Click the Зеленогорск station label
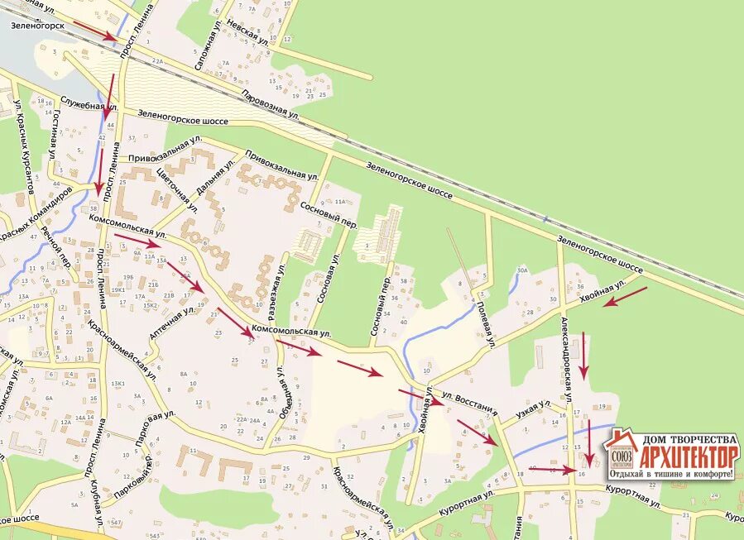click(38, 25)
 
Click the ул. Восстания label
click(469, 402)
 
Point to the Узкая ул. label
click(533, 408)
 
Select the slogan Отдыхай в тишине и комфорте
click(671, 474)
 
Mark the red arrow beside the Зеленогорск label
click(96, 31)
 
